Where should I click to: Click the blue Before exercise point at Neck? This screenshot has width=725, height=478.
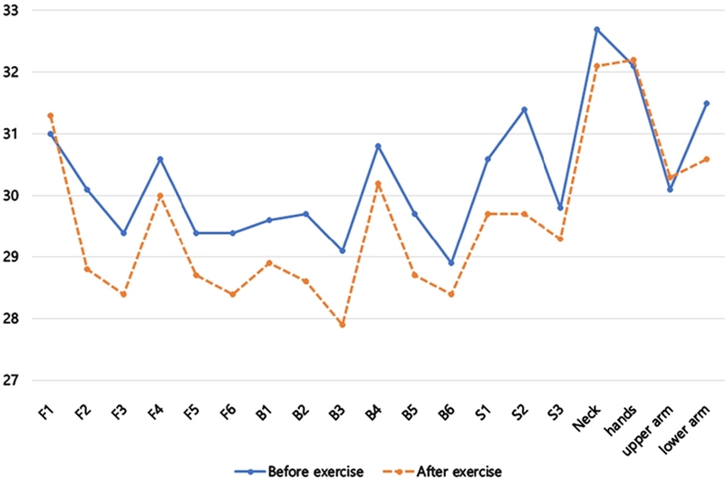click(596, 29)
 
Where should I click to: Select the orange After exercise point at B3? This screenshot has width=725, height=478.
click(342, 325)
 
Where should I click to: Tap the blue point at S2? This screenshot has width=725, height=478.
click(524, 109)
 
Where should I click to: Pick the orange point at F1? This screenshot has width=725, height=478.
click(51, 115)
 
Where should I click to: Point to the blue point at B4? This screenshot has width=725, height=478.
click(378, 146)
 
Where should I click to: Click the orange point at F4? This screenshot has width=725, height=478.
click(159, 195)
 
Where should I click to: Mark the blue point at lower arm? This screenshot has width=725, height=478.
click(706, 103)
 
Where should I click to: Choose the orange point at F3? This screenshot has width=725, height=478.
click(123, 294)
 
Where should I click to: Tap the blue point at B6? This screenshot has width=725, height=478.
click(450, 263)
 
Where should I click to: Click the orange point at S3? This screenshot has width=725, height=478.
click(560, 239)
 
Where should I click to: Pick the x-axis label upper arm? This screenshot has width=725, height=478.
click(655, 426)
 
